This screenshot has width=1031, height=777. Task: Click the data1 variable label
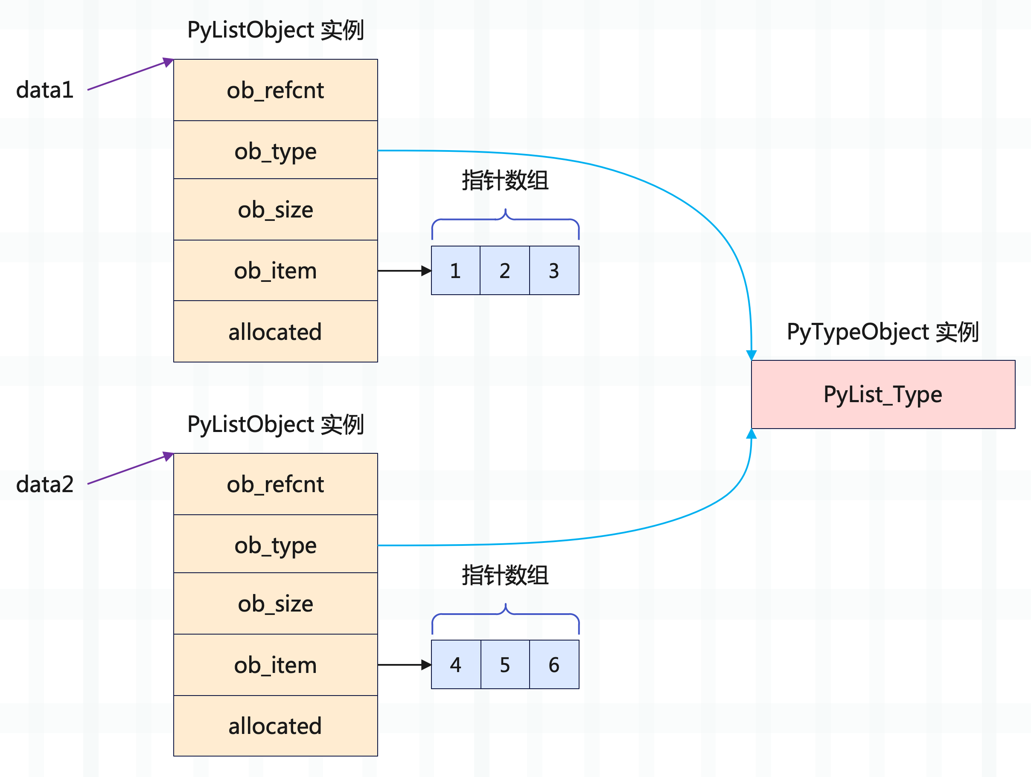[45, 90]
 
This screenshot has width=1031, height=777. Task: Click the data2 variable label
[45, 484]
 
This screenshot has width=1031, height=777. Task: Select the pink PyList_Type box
[882, 394]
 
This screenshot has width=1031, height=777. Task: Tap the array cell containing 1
[455, 271]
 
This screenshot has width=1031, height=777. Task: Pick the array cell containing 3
[554, 271]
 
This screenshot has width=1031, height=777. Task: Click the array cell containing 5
[505, 665]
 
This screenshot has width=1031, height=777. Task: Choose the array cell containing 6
[554, 665]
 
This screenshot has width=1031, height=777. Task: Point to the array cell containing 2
[505, 271]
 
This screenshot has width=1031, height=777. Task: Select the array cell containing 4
[455, 665]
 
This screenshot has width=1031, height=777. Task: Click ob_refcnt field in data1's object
[276, 90]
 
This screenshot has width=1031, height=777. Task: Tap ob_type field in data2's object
[276, 545]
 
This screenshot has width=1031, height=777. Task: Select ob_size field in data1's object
[276, 210]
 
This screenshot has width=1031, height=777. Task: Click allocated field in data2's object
[276, 726]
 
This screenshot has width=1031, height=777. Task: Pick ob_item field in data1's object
[276, 271]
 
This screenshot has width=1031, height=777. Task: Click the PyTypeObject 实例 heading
[882, 332]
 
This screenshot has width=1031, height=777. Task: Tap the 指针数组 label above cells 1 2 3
[505, 181]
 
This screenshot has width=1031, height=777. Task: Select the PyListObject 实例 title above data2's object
[276, 424]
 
